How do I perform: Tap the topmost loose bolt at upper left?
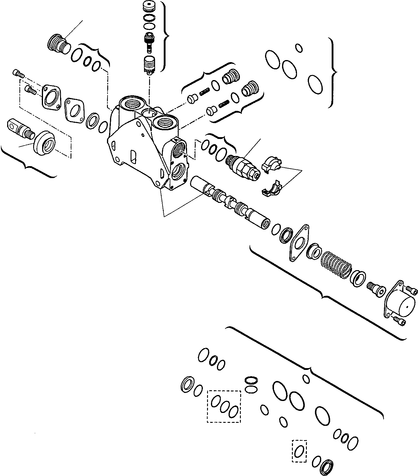18,72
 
